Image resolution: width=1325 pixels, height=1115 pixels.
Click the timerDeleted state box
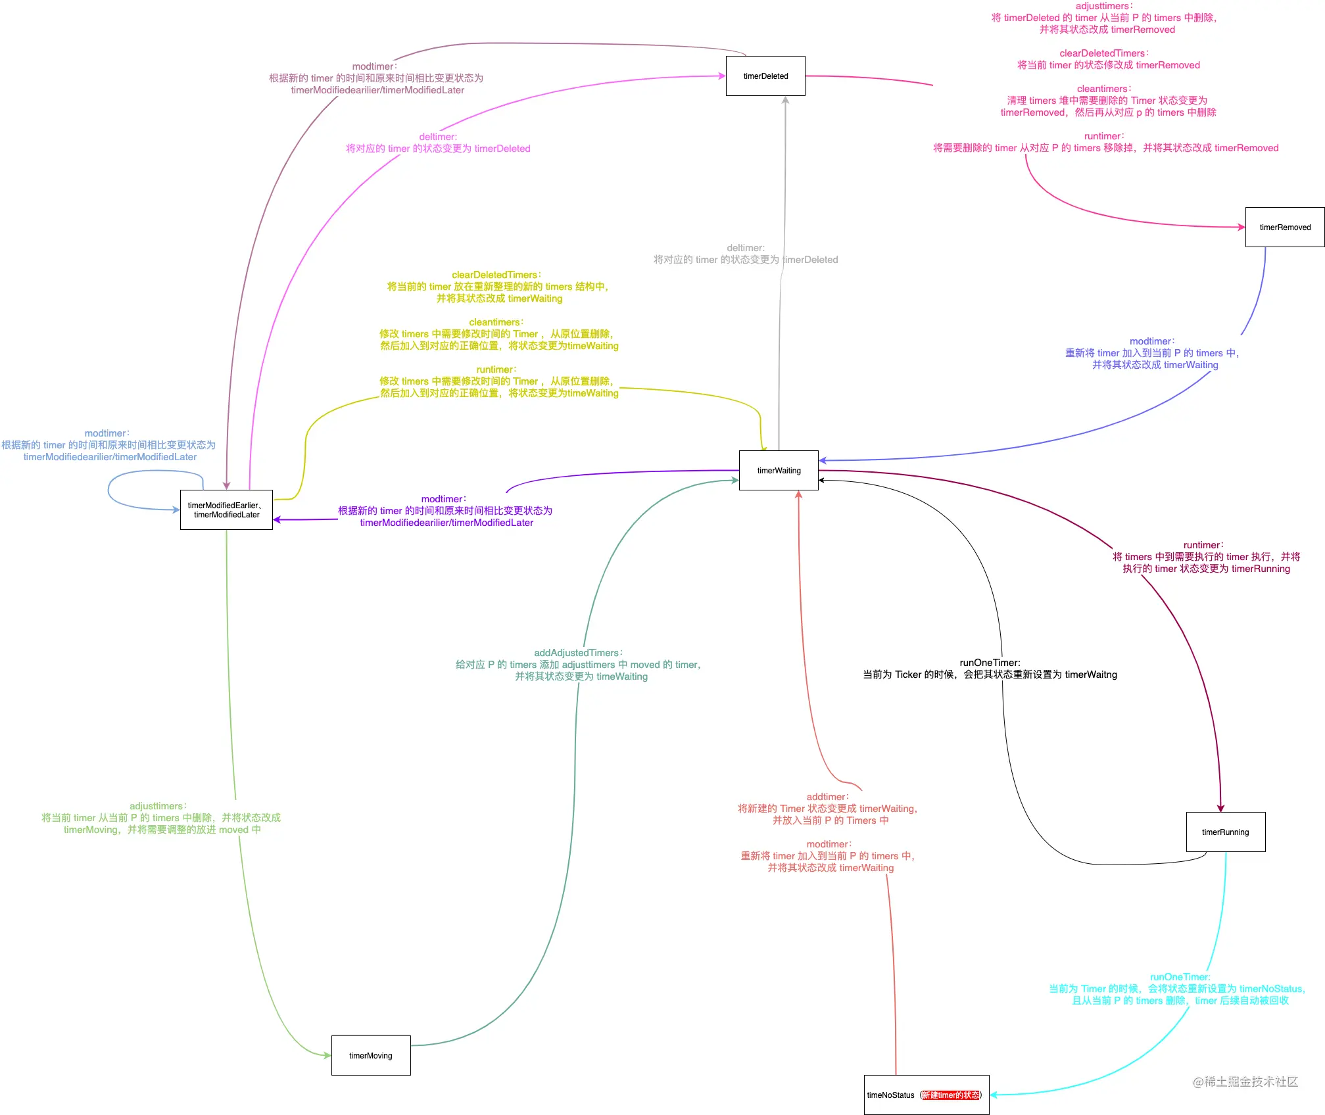tap(765, 76)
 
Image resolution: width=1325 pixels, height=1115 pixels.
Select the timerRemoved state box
tap(1285, 227)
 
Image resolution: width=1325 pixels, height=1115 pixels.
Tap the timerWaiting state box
tap(779, 471)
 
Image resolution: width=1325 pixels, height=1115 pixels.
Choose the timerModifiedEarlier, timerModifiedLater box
tap(226, 510)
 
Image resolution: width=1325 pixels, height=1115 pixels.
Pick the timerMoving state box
tap(371, 1056)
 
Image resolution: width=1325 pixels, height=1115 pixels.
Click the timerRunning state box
tap(1226, 832)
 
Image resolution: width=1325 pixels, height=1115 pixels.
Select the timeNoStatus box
tap(927, 1095)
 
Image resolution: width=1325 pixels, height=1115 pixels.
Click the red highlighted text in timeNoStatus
tap(951, 1095)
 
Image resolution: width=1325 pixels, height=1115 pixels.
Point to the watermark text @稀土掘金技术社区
tap(1245, 1081)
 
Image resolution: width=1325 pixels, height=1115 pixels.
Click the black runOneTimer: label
tap(990, 663)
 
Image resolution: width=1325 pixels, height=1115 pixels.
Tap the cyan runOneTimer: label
tap(1180, 977)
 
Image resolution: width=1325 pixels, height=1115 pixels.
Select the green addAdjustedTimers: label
tap(579, 653)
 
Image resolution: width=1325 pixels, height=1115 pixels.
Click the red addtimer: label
tap(828, 797)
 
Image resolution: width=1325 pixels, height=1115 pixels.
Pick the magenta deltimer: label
tap(439, 137)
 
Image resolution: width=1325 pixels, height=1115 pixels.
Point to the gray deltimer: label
tap(746, 248)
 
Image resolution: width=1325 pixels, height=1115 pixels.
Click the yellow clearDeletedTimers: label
tap(497, 275)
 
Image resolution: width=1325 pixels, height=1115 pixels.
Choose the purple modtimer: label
tap(444, 499)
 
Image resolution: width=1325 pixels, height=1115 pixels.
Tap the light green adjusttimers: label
tap(158, 806)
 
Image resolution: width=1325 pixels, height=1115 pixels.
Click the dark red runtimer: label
tap(1204, 545)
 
